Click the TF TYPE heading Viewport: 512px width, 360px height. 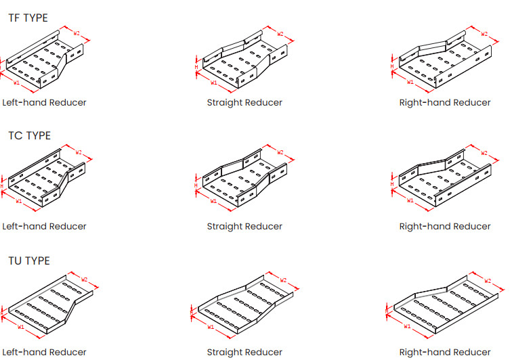[28, 18]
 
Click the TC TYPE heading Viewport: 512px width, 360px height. [29, 135]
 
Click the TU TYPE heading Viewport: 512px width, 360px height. [29, 261]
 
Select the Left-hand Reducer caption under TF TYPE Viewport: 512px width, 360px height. [44, 103]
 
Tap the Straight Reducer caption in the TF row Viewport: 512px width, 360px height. [244, 103]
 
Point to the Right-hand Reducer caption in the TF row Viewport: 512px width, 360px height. [444, 103]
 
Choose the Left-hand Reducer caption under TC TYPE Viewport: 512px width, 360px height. [44, 226]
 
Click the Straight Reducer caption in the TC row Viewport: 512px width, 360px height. [244, 226]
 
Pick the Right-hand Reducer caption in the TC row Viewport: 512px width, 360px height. [444, 226]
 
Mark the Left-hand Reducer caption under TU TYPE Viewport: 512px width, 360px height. [44, 352]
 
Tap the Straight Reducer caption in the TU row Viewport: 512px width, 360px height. [244, 352]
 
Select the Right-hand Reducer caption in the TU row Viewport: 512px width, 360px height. [444, 352]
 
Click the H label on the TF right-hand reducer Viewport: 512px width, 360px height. [392, 66]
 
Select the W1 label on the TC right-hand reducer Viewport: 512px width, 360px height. [410, 200]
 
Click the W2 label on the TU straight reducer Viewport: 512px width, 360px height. [283, 280]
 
